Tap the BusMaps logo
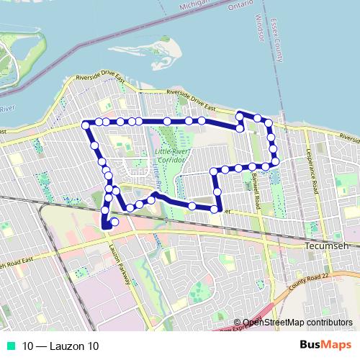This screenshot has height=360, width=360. pos(326,345)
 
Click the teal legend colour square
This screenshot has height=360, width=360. pos(12,346)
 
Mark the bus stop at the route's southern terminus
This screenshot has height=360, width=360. pos(114,222)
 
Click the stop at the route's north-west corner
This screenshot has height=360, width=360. pos(86,125)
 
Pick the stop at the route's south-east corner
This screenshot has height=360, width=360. pos(215,209)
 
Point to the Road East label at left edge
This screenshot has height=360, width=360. pos(17,264)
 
